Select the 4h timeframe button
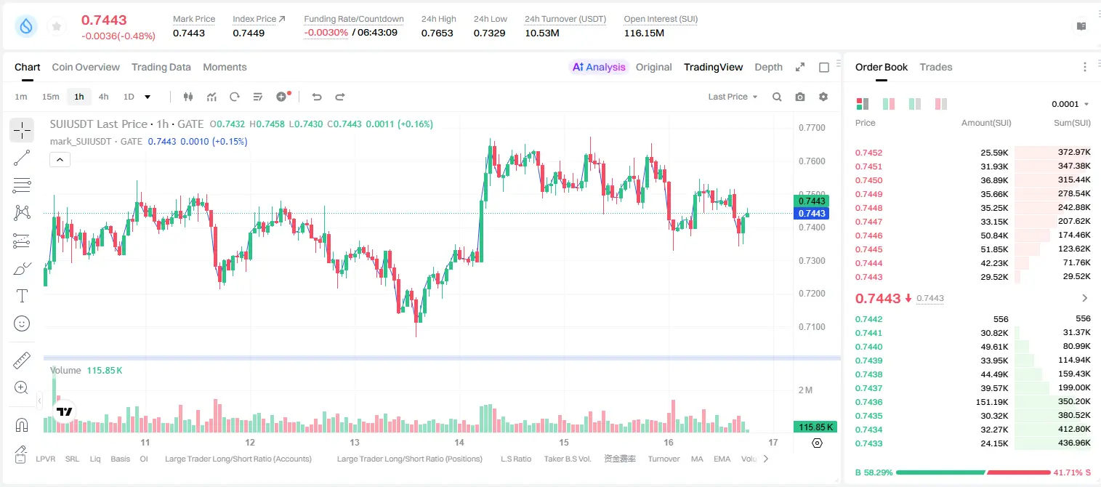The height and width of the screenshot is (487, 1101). [x=103, y=97]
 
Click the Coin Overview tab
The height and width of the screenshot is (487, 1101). [x=86, y=67]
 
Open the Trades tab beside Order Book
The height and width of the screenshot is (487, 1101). [x=935, y=67]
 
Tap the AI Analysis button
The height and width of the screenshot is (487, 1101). [x=599, y=67]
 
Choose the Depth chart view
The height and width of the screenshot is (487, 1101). [x=768, y=67]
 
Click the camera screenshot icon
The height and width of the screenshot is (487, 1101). [x=800, y=97]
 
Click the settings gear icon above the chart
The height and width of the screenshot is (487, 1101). [x=823, y=97]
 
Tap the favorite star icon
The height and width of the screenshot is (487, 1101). [x=57, y=26]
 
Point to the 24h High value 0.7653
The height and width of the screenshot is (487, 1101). [x=437, y=33]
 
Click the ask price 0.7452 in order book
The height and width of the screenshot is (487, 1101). [x=868, y=153]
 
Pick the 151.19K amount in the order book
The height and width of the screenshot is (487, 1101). [x=992, y=402]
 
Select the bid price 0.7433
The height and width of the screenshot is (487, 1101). [x=868, y=443]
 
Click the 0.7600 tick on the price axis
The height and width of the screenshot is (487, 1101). [x=812, y=161]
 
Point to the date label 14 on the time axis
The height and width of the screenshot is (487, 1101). [x=459, y=442]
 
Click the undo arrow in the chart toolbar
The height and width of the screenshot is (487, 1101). [x=317, y=97]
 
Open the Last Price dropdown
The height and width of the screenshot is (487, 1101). [x=733, y=97]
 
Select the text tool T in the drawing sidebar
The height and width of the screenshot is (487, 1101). [x=22, y=296]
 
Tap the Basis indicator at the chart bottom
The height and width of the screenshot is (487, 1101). [x=121, y=459]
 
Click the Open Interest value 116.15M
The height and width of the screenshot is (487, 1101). [x=644, y=33]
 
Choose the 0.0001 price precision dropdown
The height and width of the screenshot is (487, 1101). [x=1070, y=104]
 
